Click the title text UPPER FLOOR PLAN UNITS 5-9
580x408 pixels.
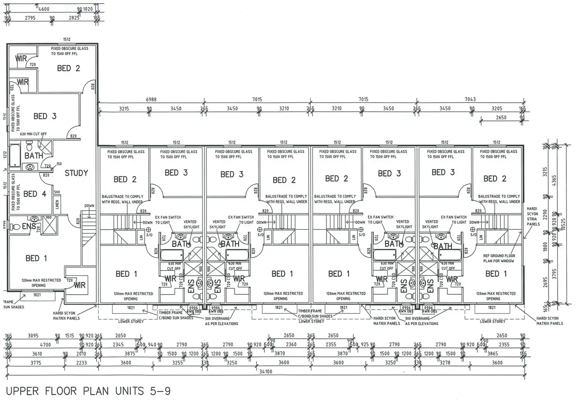click(x=88, y=391)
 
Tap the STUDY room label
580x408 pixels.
click(x=76, y=173)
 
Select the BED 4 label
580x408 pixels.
click(x=35, y=194)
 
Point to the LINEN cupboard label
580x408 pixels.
click(x=57, y=204)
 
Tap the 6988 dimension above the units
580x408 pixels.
click(x=151, y=100)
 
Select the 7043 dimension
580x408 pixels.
click(x=470, y=100)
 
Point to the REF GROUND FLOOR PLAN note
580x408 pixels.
click(x=499, y=258)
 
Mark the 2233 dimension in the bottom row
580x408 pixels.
click(x=81, y=363)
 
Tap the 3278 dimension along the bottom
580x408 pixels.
click(x=444, y=363)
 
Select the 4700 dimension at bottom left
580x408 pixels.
click(x=45, y=345)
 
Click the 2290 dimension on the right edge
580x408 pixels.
click(x=546, y=214)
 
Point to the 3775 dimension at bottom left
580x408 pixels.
click(x=35, y=363)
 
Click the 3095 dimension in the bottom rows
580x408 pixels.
click(x=33, y=336)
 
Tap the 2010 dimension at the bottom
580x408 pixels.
click(x=81, y=354)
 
